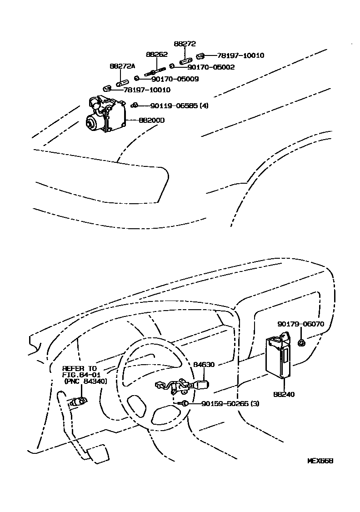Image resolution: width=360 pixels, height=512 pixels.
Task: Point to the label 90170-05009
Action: tap(163, 79)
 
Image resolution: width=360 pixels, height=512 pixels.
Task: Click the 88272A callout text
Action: tap(122, 66)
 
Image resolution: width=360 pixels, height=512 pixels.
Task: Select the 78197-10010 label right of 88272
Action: tap(241, 55)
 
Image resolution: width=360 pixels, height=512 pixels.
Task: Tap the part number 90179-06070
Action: tap(300, 324)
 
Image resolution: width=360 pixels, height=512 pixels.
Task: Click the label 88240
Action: tap(284, 394)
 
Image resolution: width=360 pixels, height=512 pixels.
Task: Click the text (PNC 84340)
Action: tap(85, 381)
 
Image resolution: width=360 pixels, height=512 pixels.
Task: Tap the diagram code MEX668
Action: tap(320, 461)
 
